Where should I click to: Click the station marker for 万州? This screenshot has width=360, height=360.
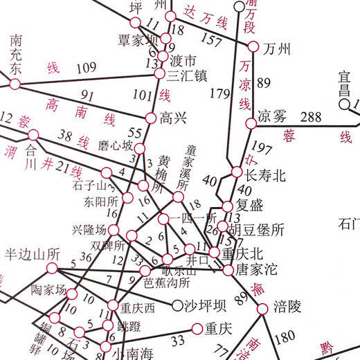point(253,47)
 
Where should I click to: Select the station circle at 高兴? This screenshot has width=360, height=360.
point(150,118)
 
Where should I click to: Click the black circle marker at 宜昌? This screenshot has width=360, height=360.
point(344,105)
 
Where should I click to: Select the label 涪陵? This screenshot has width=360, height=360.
point(287,305)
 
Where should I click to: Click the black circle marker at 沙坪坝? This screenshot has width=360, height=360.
point(172,305)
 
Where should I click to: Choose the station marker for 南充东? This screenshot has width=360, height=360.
point(15,84)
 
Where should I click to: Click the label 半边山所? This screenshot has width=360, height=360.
point(33,253)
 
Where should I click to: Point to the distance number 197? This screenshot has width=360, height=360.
point(262,146)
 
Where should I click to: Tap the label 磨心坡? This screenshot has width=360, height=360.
point(115,145)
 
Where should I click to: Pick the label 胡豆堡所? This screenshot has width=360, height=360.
point(257,228)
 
